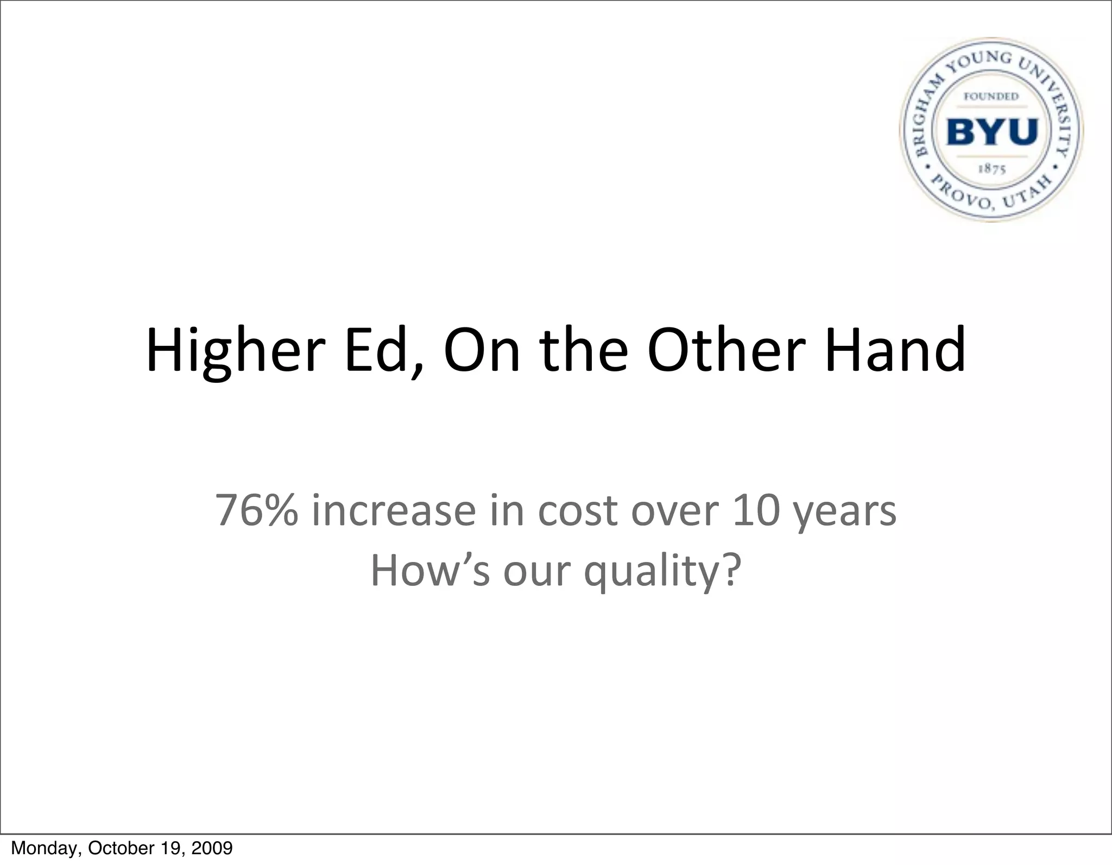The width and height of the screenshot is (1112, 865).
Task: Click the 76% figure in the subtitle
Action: (x=257, y=510)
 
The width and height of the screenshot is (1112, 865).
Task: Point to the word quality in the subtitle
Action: (x=661, y=572)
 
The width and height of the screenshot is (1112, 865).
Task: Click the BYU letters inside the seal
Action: (x=992, y=131)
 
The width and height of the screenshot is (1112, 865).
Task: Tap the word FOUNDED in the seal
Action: (x=991, y=97)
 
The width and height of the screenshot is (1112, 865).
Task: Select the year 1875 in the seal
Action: (x=991, y=169)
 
